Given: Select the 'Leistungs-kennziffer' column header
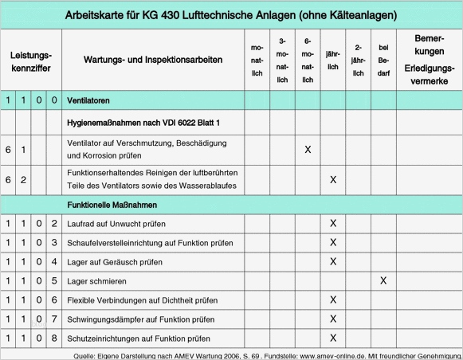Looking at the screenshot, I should [31, 61].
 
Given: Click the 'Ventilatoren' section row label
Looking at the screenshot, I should [88, 100].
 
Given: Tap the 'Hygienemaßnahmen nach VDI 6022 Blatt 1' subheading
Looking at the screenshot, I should [143, 123].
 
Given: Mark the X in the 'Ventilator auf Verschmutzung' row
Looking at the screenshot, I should [308, 150].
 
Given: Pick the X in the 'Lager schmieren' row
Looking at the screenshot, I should [383, 280].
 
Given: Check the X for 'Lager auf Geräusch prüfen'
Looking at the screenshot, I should [333, 261].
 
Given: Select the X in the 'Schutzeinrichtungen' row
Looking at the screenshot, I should [333, 338].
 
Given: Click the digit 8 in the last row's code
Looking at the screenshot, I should [53, 338].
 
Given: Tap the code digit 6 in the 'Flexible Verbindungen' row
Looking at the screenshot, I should [53, 300].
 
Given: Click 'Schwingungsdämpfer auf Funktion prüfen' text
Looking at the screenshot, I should [140, 319].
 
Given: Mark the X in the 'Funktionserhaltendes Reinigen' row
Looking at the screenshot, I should [333, 179].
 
